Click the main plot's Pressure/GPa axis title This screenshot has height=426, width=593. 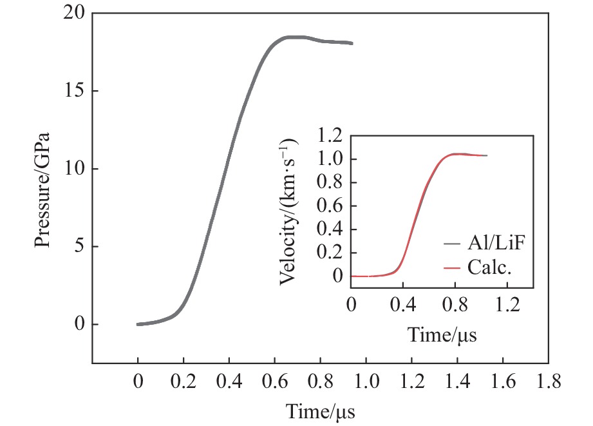point(42,189)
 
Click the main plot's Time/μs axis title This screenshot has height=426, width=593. point(320,411)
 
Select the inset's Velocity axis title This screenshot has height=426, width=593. point(290,212)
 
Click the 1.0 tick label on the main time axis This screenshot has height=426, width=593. point(366,382)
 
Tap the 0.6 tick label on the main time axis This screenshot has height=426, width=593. point(274,382)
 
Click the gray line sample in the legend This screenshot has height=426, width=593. point(451,244)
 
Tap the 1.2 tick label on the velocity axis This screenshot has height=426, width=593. point(330,136)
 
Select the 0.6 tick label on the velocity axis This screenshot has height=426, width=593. point(330,206)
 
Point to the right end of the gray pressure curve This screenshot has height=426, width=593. point(352,43)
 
